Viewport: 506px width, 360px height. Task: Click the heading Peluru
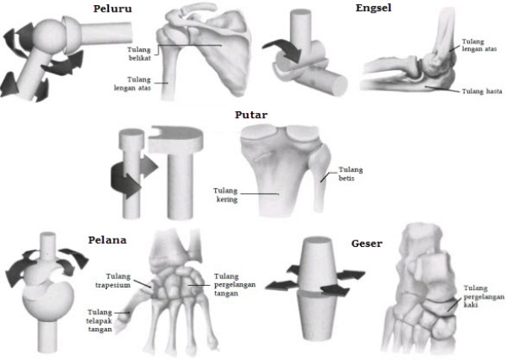[x=112, y=8]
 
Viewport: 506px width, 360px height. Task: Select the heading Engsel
[x=374, y=8]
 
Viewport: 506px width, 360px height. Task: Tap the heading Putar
[x=251, y=115]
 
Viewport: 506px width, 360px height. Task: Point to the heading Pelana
[x=107, y=240]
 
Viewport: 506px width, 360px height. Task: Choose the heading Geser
[x=367, y=243]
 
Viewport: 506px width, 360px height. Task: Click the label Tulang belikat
[x=139, y=54]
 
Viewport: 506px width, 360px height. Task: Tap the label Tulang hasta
[x=482, y=92]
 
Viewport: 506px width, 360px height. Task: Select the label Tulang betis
[x=351, y=174]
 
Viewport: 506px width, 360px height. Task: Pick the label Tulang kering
[x=225, y=195]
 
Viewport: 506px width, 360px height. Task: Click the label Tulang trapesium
[x=113, y=281]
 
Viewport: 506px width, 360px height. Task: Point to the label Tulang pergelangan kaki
[x=484, y=296]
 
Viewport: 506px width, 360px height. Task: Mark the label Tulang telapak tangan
[x=100, y=320]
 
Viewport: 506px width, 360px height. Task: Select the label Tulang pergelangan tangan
[x=234, y=285]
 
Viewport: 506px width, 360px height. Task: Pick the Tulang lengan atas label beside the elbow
[x=479, y=46]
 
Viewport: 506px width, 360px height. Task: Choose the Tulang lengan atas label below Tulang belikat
[x=132, y=83]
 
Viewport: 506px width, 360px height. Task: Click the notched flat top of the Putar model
[x=176, y=139]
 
